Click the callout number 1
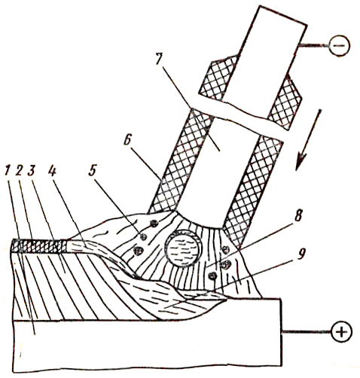click(x=8, y=172)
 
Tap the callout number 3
click(x=32, y=172)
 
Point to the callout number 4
click(x=53, y=172)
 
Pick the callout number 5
click(x=92, y=171)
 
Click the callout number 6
click(x=127, y=140)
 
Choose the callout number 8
click(x=298, y=215)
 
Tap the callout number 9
click(x=301, y=254)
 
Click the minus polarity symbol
click(x=340, y=46)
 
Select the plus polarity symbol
click(x=342, y=332)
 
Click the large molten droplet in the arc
click(x=182, y=249)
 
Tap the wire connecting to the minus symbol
click(x=313, y=46)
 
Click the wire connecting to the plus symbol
click(x=307, y=332)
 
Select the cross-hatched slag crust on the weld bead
click(x=39, y=246)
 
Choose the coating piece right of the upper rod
click(x=285, y=102)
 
